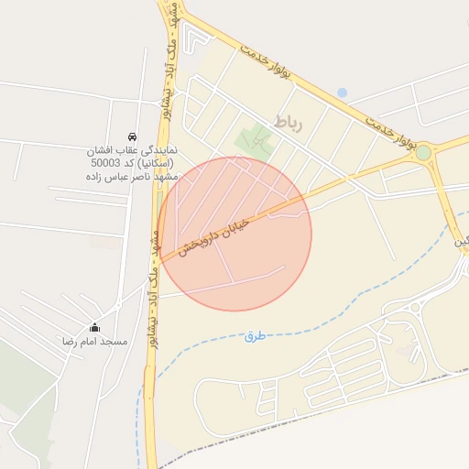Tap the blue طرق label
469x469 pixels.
pyautogui.click(x=255, y=336)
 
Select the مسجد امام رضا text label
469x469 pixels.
pyautogui.click(x=93, y=341)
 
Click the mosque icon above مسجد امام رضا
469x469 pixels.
pyautogui.click(x=94, y=327)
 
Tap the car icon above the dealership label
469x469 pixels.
pyautogui.click(x=133, y=136)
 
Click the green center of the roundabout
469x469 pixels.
pyautogui.click(x=423, y=153)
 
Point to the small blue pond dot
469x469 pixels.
pyautogui.click(x=342, y=93)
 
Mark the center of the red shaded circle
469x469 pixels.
pyautogui.click(x=234, y=234)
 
